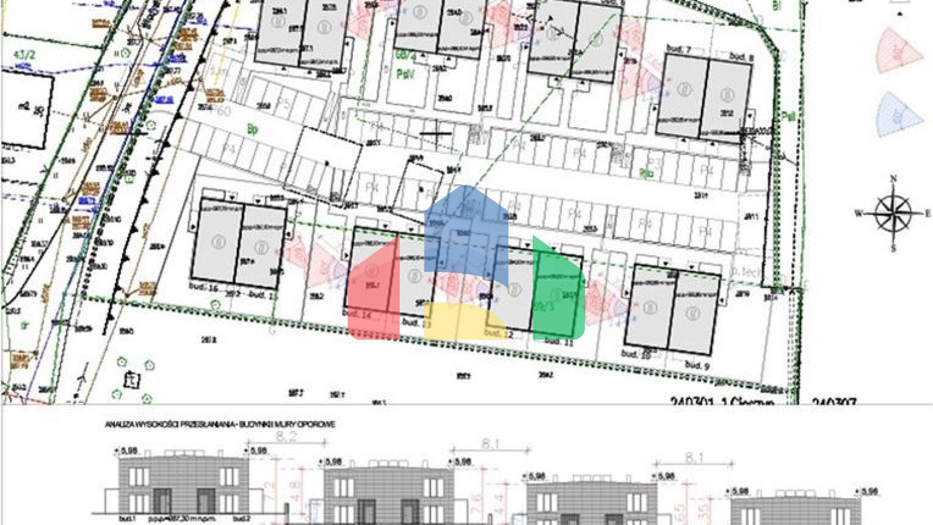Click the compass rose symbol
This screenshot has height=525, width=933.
point(893,213)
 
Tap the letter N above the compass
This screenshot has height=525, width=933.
point(894,179)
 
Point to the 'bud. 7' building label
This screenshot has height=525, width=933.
point(678,48)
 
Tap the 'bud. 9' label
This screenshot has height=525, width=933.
point(697,365)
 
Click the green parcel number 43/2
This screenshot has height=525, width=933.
point(24,55)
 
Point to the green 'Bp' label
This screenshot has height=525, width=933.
point(252,129)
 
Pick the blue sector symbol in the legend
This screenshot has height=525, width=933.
point(899,114)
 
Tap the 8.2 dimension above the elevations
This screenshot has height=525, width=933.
point(285,436)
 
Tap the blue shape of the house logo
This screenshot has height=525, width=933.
point(466,231)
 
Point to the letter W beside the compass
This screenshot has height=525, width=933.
point(859,213)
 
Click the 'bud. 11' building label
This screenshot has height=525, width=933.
point(559,341)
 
